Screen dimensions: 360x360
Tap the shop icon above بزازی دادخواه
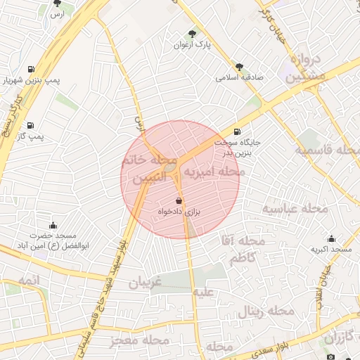[x=178, y=200]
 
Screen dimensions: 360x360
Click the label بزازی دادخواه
[x=179, y=211]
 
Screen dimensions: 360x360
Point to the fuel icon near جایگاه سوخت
[x=236, y=131]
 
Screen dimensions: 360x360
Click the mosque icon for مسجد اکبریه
[x=332, y=239]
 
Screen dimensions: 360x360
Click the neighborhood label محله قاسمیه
[x=326, y=151]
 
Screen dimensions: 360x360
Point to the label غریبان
[x=145, y=283]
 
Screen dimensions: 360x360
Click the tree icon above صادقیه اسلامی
[x=240, y=67]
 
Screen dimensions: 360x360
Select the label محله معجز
[x=141, y=340]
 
